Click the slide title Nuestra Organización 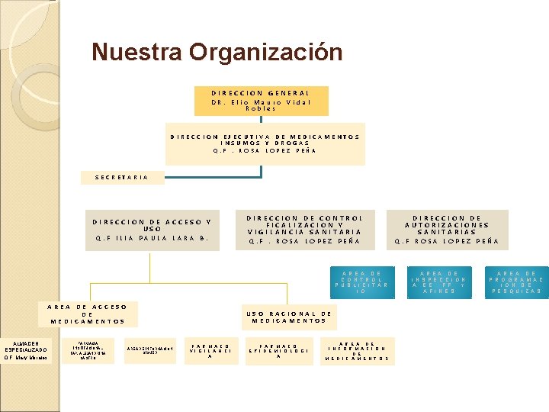coord(217,53)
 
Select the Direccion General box coord(262,100)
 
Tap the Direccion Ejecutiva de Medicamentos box coord(265,143)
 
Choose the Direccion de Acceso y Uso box coord(152,230)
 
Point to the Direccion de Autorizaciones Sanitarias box coord(447,229)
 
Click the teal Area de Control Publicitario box coord(361,282)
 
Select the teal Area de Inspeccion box coord(443,282)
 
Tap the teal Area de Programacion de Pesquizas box coord(518,282)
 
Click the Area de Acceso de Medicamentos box coord(87,314)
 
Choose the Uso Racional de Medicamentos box coord(288,317)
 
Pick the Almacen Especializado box coord(27,349)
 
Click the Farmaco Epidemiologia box coord(278,349)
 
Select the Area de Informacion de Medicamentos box coord(357,349)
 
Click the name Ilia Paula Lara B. coord(152,237)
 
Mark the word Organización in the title coord(266,53)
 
